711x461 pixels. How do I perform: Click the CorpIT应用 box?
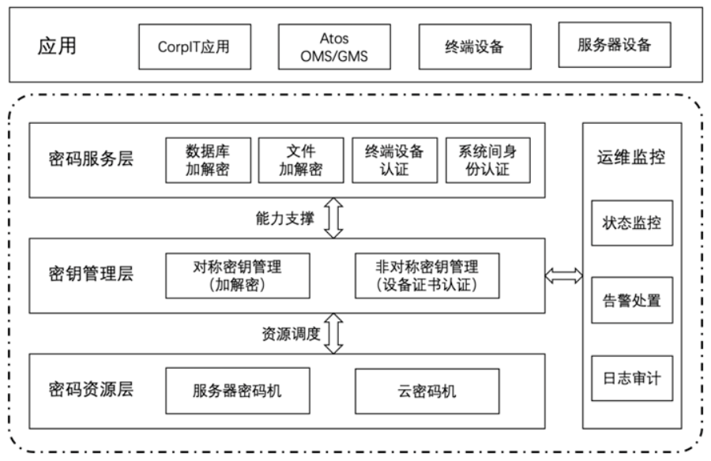pyautogui.click(x=195, y=47)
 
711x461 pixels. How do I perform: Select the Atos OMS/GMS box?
pyautogui.click(x=335, y=47)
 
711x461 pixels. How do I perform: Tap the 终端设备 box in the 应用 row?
pyautogui.click(x=475, y=47)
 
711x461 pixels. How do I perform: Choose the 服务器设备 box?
pyautogui.click(x=615, y=45)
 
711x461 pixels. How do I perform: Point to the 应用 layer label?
pyautogui.click(x=57, y=46)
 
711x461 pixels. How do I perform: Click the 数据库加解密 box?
pyautogui.click(x=208, y=160)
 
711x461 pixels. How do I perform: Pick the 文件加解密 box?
pyautogui.click(x=301, y=160)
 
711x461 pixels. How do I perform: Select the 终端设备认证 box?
pyautogui.click(x=395, y=160)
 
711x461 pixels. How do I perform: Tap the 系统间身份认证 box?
pyautogui.click(x=488, y=160)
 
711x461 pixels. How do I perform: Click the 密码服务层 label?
pyautogui.click(x=91, y=159)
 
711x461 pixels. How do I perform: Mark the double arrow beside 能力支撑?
pyautogui.click(x=333, y=218)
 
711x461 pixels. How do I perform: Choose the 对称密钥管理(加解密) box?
pyautogui.click(x=238, y=275)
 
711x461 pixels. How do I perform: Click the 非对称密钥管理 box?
pyautogui.click(x=427, y=275)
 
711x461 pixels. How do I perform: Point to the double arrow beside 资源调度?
pyautogui.click(x=333, y=334)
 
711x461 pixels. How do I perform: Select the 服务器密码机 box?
pyautogui.click(x=238, y=391)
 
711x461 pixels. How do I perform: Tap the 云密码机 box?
pyautogui.click(x=427, y=391)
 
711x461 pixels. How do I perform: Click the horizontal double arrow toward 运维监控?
pyautogui.click(x=563, y=275)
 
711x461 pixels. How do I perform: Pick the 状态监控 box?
pyautogui.click(x=632, y=223)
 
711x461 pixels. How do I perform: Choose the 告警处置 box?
pyautogui.click(x=632, y=300)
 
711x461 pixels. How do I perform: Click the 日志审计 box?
pyautogui.click(x=632, y=378)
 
